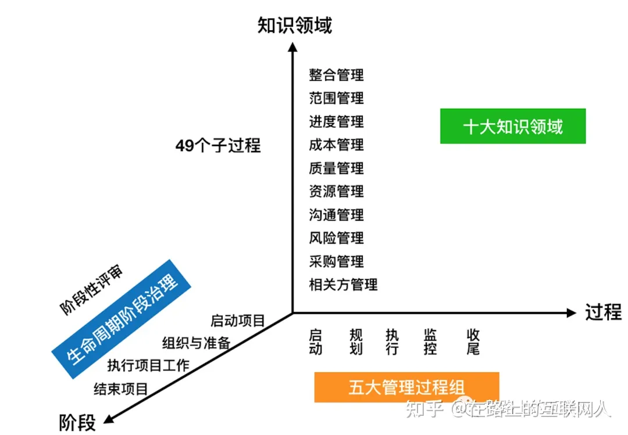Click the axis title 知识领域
(294, 26)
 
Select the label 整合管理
(336, 75)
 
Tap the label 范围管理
(336, 98)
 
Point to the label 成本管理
(336, 145)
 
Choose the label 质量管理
(336, 168)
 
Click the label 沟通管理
(336, 215)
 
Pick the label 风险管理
(336, 238)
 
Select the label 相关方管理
(343, 285)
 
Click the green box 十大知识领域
(512, 126)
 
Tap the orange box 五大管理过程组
(406, 387)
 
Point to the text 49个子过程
(218, 146)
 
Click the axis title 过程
(603, 312)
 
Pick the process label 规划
(356, 342)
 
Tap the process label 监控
(430, 342)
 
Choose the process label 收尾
(473, 342)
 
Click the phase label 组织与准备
(196, 343)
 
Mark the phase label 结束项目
(121, 389)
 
